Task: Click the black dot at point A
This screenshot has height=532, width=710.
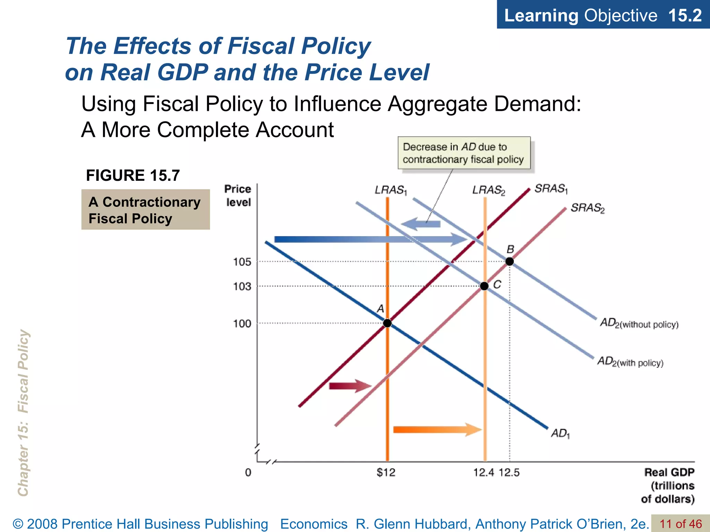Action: pyautogui.click(x=387, y=323)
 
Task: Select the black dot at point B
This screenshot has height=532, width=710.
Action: pyautogui.click(x=509, y=261)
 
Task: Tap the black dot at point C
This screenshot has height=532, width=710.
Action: pyautogui.click(x=484, y=286)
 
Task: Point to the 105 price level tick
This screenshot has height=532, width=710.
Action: pyautogui.click(x=242, y=262)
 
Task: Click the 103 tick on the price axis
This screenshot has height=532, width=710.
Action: pyautogui.click(x=242, y=286)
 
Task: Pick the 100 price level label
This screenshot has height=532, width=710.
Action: pyautogui.click(x=242, y=323)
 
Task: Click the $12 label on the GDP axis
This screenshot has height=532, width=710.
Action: pyautogui.click(x=386, y=472)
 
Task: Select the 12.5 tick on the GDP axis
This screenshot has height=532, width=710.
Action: pyautogui.click(x=509, y=472)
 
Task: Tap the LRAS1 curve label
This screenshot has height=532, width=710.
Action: pyautogui.click(x=391, y=190)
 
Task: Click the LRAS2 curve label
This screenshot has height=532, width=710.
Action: pyautogui.click(x=489, y=190)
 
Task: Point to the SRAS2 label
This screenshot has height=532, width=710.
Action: pyautogui.click(x=588, y=208)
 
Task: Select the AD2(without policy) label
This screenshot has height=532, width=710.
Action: pyautogui.click(x=639, y=323)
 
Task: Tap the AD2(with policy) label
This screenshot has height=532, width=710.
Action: pyautogui.click(x=630, y=362)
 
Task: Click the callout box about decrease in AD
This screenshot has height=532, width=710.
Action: pyautogui.click(x=464, y=153)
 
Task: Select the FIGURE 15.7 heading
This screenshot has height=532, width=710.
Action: pyautogui.click(x=133, y=175)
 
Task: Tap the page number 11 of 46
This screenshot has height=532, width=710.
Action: pyautogui.click(x=681, y=524)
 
